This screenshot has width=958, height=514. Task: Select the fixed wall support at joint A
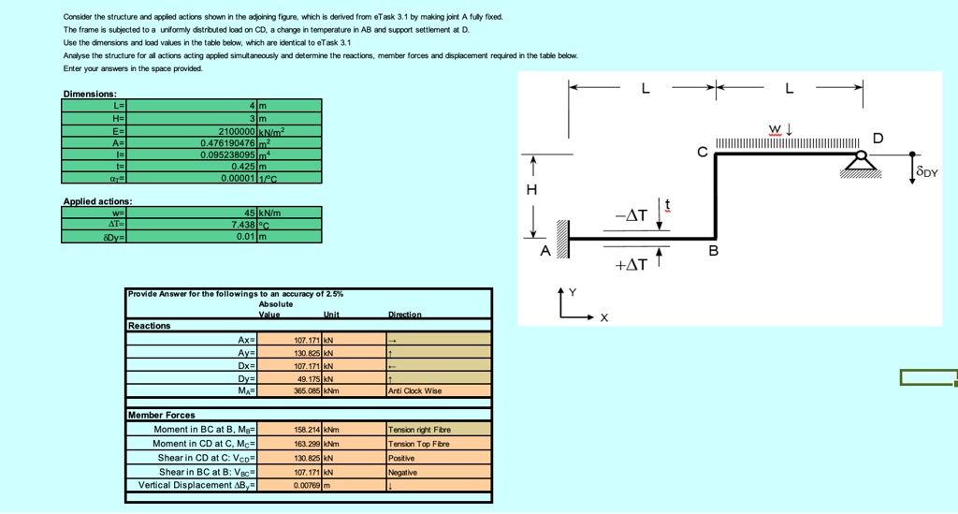562,240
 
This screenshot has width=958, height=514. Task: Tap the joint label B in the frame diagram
713,251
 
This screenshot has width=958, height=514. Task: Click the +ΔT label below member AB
631,264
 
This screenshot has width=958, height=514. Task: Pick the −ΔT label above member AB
631,216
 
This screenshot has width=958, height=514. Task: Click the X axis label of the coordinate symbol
604,318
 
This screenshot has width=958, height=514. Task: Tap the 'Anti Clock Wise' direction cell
438,390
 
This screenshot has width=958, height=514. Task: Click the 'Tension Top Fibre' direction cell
438,444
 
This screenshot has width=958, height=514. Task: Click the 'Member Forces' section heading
162,415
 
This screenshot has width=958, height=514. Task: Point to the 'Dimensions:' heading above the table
90,94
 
